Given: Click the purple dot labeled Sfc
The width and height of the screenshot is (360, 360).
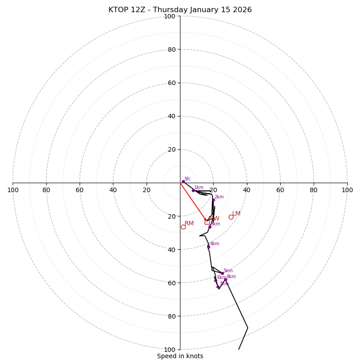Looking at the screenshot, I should coord(183,181).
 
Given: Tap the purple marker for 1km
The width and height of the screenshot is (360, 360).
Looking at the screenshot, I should coord(193,190).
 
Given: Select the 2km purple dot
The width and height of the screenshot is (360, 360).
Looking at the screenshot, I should coord(214,200).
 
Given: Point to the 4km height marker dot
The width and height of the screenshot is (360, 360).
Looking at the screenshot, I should coord(208,247).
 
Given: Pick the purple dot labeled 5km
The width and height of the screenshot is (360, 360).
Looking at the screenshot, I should coord(222,273).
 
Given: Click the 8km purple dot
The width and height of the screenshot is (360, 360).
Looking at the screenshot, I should coord(225,279).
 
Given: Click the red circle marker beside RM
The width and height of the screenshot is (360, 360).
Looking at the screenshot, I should coord(183,227).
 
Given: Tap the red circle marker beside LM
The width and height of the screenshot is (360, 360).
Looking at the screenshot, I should coord(231,217).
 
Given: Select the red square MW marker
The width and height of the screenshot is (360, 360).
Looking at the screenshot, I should coord(207,222).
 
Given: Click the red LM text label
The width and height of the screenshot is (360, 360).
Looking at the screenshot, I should coord(236,214).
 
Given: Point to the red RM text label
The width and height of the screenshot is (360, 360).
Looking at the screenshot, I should coord(189,224).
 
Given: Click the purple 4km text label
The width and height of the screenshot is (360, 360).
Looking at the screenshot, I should coord(215,244).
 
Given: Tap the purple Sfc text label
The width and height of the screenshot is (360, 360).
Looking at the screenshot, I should coord(188,179).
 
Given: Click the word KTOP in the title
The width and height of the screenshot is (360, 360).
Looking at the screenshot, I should coord(119,10).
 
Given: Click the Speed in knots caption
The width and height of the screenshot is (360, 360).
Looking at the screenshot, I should coord(180,356).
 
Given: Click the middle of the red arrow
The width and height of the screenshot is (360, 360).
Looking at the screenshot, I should coord(193,202).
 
